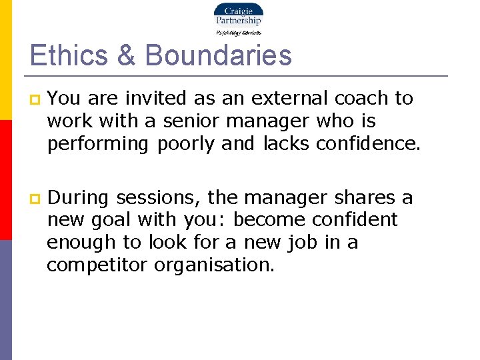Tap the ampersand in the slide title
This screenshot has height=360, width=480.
(x=126, y=55)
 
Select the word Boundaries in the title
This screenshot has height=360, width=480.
(x=218, y=55)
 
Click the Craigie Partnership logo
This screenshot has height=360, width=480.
(x=238, y=15)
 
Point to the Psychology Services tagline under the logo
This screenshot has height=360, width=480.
(x=238, y=32)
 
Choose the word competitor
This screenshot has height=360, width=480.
(x=97, y=265)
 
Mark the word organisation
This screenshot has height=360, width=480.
(x=214, y=265)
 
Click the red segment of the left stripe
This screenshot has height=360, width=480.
(x=5, y=179)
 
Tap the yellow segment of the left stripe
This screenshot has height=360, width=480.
(x=5, y=60)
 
